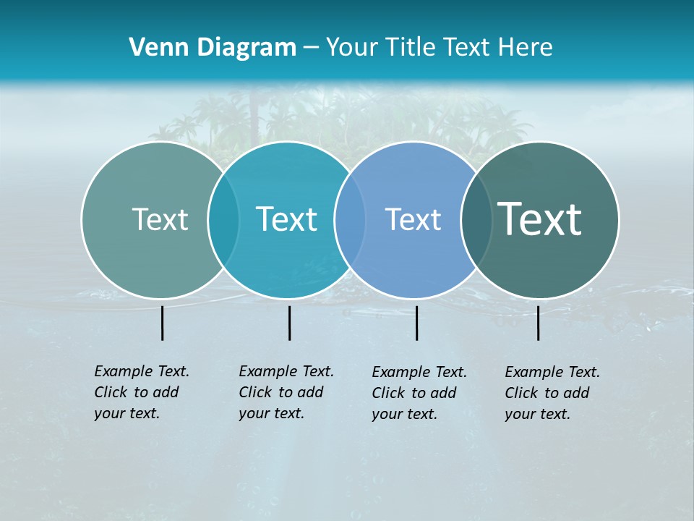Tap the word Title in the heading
pos(411,48)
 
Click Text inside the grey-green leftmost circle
pos(160,219)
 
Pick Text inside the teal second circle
pos(286,219)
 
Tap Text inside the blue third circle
pos(413,219)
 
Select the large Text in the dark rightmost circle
pos(539,219)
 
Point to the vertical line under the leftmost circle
pos(162,323)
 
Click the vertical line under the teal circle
pos(289,323)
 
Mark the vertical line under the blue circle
pos(416,323)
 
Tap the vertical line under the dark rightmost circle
pos(538,323)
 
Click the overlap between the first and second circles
pos(223,219)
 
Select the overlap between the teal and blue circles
pos(350,219)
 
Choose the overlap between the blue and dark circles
pos(476,219)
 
